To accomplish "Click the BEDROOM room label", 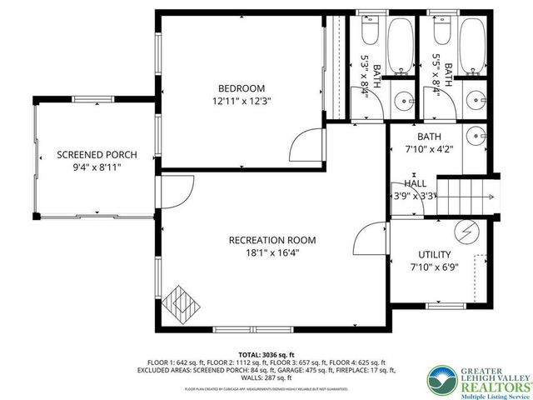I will coord(242,88).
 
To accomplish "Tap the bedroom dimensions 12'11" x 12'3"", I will coord(242,101).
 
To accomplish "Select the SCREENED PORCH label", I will coord(97,154).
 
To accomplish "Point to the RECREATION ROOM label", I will coord(272,240).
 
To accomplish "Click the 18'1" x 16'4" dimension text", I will coord(272,253).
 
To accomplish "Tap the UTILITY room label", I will coord(433,254).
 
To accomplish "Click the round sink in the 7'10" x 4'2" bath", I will coord(476,133).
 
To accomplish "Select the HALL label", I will coord(416,183).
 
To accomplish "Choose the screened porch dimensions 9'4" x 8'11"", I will coord(97,167).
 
